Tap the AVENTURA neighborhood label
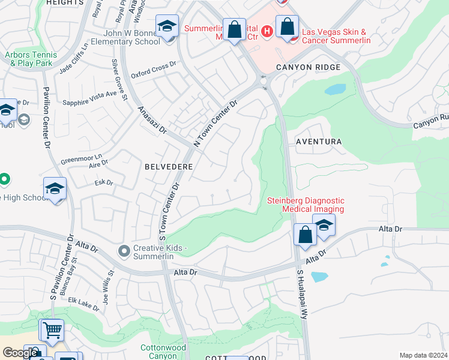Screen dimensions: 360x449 click(318, 142)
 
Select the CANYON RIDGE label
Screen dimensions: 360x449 click(308, 68)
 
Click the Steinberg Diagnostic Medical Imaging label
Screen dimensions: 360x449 click(306, 205)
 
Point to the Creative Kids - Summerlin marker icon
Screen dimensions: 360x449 click(124, 250)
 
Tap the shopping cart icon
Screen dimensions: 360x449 click(52, 329)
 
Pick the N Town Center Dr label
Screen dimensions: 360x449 click(216, 123)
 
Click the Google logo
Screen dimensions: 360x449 click(20, 353)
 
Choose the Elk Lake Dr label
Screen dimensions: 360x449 click(83, 303)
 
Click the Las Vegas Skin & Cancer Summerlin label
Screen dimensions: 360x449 click(336, 36)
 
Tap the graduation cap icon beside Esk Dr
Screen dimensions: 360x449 click(55, 189)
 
